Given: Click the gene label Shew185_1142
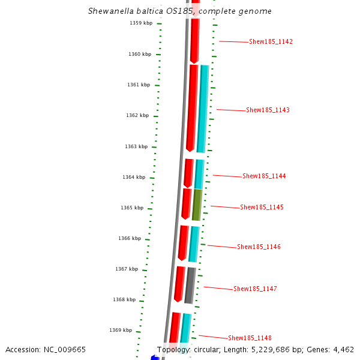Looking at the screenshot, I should pos(271,42).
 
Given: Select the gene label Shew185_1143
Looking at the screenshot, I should pos(268,110).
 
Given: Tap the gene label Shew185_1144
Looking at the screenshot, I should pos(264,176).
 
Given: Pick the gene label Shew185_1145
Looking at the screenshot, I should pos(262,208).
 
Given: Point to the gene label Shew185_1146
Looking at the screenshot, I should pos(259,247).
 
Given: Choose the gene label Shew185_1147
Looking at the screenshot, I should pos(255,289).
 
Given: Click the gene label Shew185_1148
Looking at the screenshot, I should pos(250,338).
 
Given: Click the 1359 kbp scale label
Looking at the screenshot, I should pos(141,23).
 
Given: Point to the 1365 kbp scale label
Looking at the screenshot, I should pos(132,208).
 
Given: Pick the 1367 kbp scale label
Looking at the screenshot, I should pos(127,269).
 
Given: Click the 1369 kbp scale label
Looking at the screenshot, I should pos(121,331).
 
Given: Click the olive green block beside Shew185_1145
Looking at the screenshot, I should pos(197,205).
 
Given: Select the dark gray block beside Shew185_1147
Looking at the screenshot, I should pos(190,286).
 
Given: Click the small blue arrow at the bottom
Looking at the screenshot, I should pos(155,358).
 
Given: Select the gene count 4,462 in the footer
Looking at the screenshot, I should pos(343,350).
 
